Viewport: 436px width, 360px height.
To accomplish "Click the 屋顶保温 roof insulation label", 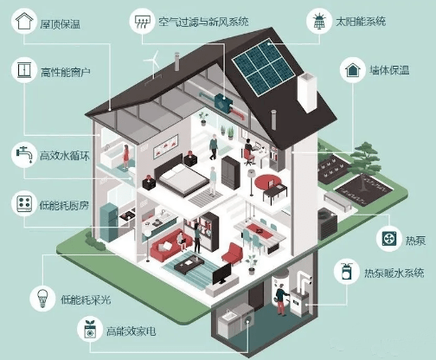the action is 60,24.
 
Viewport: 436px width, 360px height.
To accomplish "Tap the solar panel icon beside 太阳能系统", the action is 320,21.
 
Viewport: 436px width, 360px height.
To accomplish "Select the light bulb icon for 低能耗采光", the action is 42,298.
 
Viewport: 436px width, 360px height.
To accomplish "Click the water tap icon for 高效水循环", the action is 24,154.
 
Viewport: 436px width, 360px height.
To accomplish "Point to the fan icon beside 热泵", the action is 389,238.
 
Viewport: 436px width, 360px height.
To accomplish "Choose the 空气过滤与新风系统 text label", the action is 203,22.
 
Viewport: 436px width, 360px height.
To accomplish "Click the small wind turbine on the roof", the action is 153,65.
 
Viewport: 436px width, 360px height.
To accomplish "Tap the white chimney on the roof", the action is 307,92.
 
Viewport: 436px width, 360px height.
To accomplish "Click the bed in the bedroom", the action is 181,176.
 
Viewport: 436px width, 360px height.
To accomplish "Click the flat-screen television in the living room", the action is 222,273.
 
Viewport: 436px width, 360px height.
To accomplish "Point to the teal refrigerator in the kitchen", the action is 109,222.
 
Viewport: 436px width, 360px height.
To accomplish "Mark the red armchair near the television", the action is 233,254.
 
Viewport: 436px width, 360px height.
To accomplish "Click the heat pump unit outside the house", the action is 328,224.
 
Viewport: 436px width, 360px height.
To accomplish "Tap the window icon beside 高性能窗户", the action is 24,70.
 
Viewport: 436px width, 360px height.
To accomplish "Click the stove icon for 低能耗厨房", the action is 24,203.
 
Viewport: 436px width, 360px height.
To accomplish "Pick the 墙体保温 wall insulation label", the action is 389,70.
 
